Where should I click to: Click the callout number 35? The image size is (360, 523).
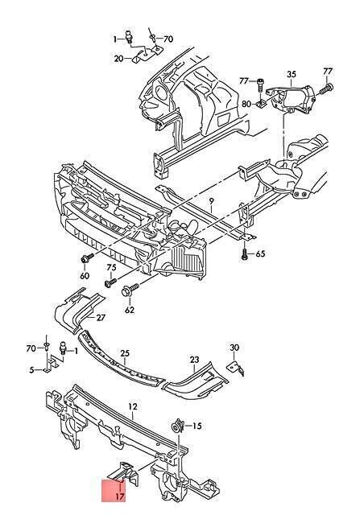click(x=292, y=74)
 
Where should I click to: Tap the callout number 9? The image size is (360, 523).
click(x=211, y=201)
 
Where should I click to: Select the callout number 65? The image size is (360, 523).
click(x=260, y=253)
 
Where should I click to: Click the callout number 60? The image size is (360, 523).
click(x=85, y=275)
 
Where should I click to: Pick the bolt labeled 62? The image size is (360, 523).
click(x=130, y=290)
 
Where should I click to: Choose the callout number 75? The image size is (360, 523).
click(x=111, y=267)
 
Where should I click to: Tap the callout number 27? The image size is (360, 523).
click(x=101, y=317)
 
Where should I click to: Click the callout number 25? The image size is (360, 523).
click(x=125, y=353)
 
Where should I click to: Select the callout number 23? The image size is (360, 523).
click(x=195, y=359)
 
